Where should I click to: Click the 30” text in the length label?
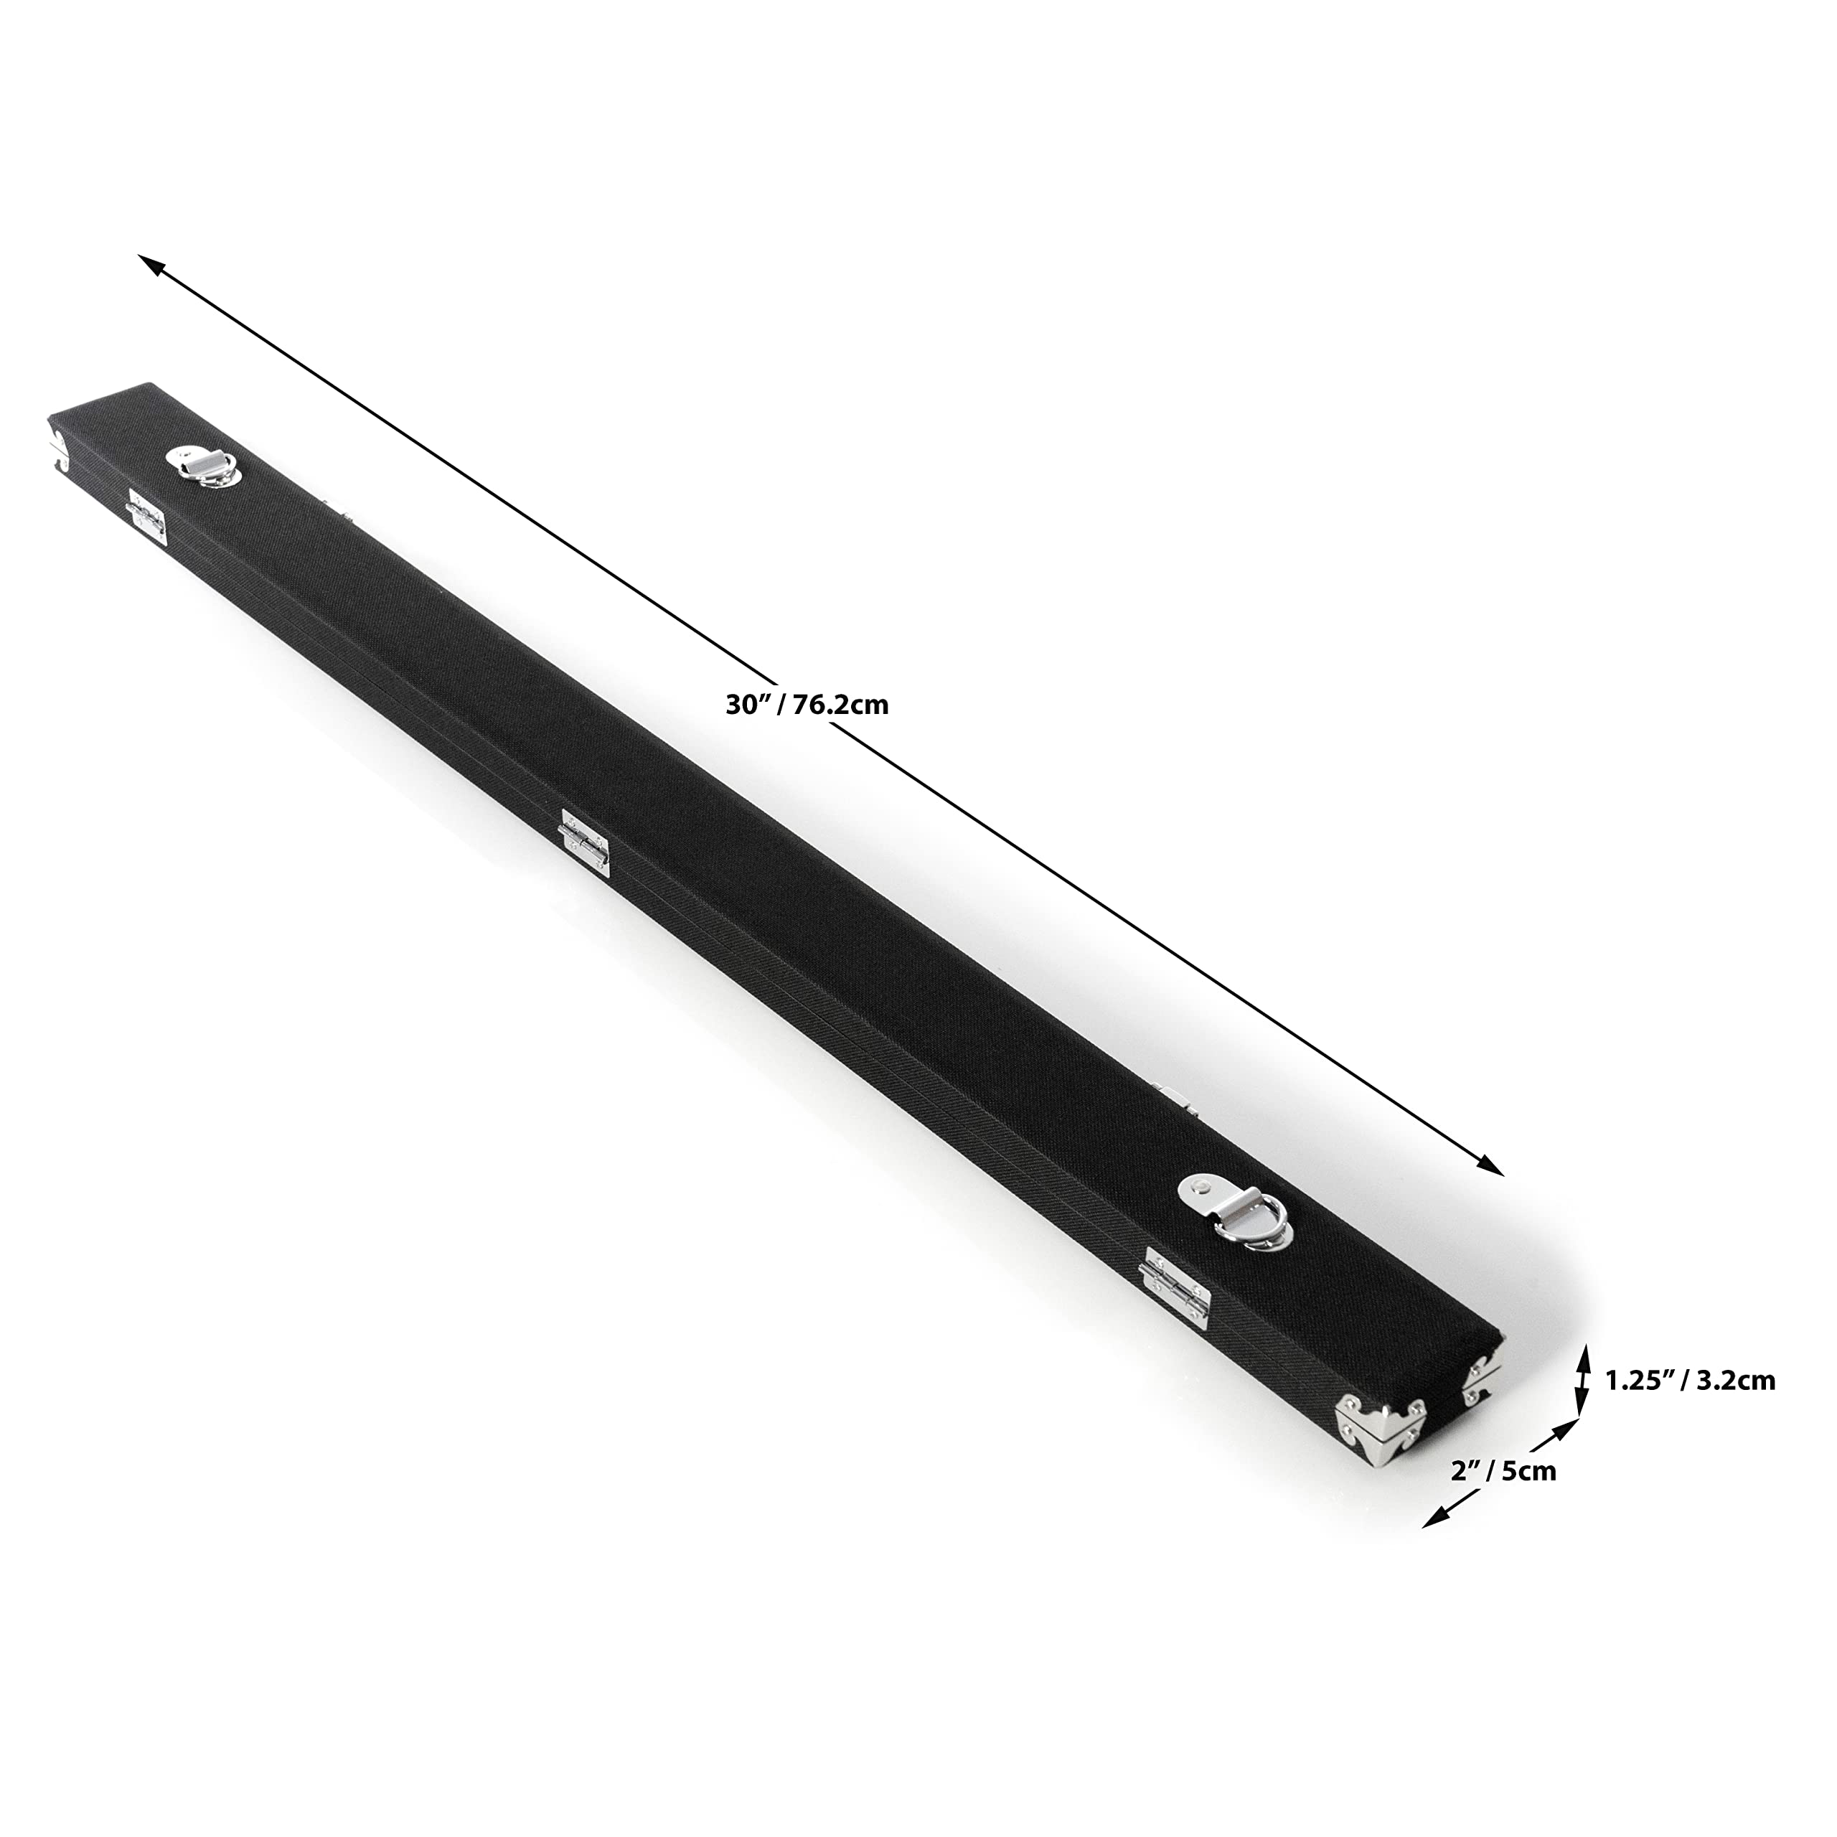(746, 705)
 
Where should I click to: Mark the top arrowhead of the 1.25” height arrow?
(1583, 1353)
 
